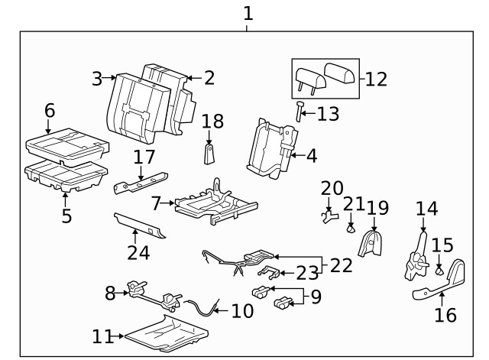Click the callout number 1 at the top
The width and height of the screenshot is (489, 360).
[x=247, y=13]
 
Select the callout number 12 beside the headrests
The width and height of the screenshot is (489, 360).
[x=376, y=79]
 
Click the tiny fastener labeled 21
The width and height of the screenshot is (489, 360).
[x=351, y=227]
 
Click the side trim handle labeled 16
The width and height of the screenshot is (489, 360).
[x=443, y=283]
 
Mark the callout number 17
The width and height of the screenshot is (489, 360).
[x=144, y=158]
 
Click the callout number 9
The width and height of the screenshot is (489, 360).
[x=316, y=295]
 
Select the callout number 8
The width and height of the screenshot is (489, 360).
[x=110, y=291]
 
